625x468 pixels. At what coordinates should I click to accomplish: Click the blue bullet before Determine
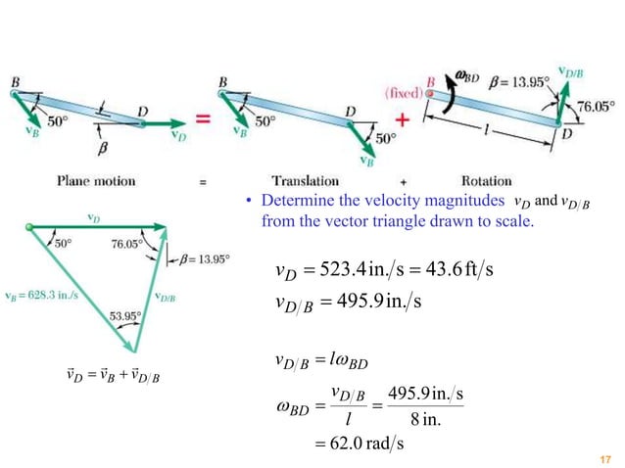(250, 205)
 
